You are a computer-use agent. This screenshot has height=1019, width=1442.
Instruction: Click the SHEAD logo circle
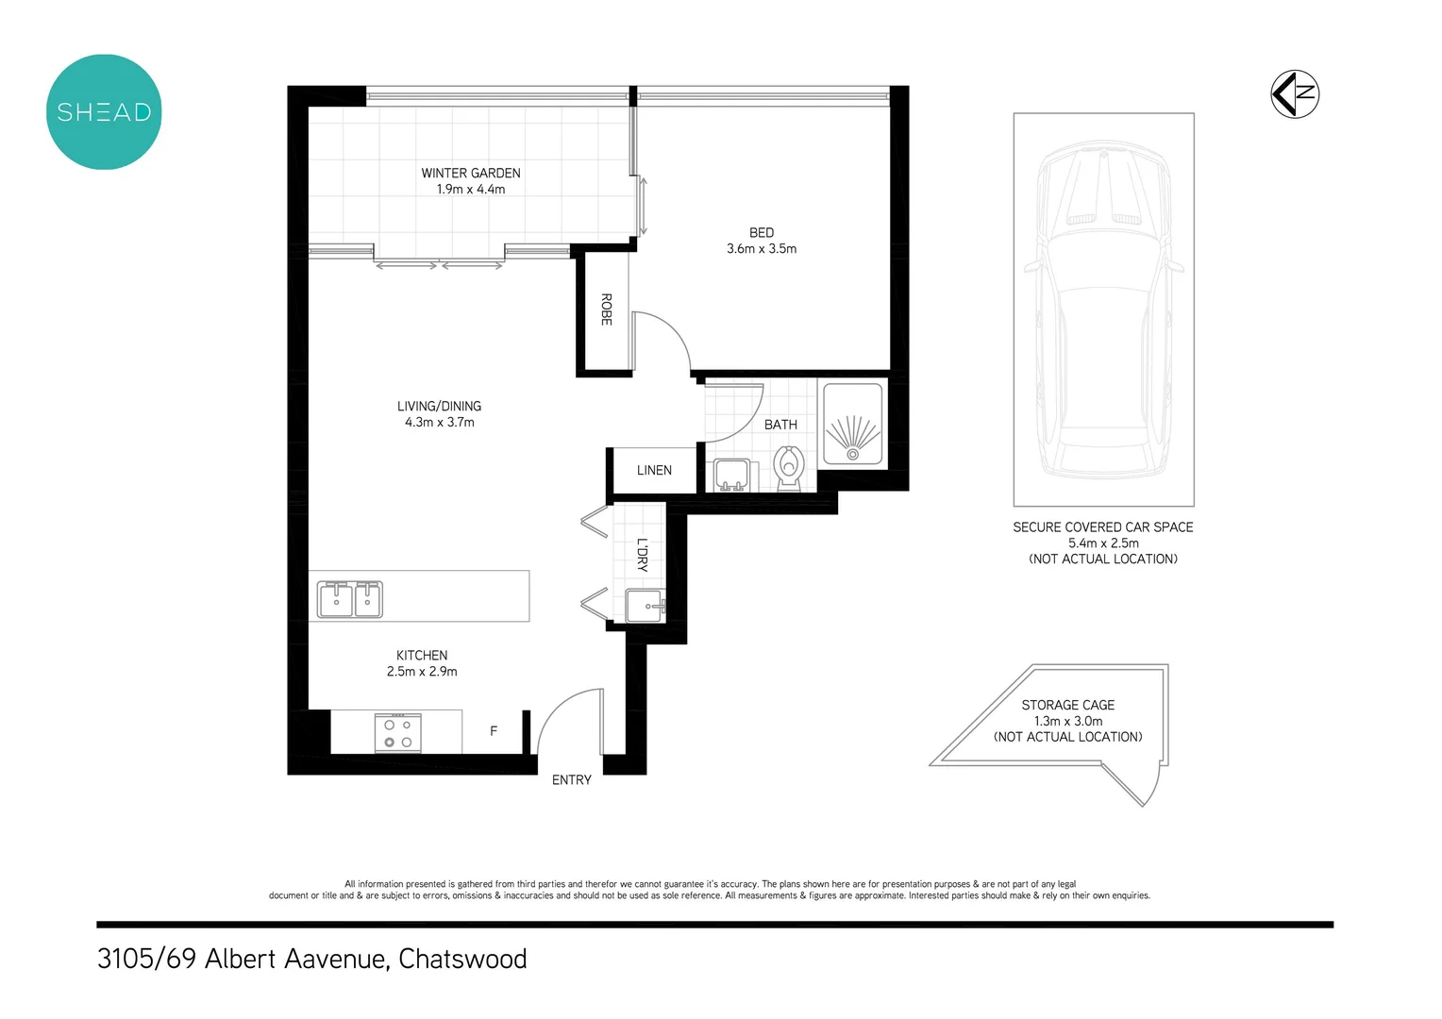pyautogui.click(x=104, y=112)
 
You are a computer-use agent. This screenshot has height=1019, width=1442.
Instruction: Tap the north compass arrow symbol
pyautogui.click(x=1294, y=94)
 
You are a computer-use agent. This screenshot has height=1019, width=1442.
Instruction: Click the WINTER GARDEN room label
pyautogui.click(x=470, y=174)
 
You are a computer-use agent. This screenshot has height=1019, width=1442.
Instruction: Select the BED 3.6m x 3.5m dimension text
pyautogui.click(x=761, y=249)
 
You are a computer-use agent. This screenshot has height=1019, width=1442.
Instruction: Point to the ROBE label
pyautogui.click(x=606, y=309)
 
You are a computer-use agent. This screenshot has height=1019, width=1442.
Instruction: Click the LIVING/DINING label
pyautogui.click(x=439, y=407)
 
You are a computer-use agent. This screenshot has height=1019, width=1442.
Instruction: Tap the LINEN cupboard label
pyautogui.click(x=654, y=470)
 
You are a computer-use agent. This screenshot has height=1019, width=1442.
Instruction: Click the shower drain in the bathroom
pyautogui.click(x=852, y=454)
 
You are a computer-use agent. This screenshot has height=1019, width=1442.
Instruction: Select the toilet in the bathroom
pyautogui.click(x=788, y=467)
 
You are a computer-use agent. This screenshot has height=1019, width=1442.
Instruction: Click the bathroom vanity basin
pyautogui.click(x=731, y=475)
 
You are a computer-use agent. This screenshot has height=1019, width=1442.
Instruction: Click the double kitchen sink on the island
pyautogui.click(x=350, y=599)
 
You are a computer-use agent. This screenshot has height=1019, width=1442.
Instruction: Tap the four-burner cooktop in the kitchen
pyautogui.click(x=397, y=733)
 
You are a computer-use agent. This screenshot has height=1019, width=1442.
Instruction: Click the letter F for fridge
pyautogui.click(x=494, y=731)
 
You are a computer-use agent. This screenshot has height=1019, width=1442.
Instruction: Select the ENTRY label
pyautogui.click(x=571, y=780)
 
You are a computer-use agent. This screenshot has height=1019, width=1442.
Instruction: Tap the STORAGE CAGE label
pyautogui.click(x=1067, y=705)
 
